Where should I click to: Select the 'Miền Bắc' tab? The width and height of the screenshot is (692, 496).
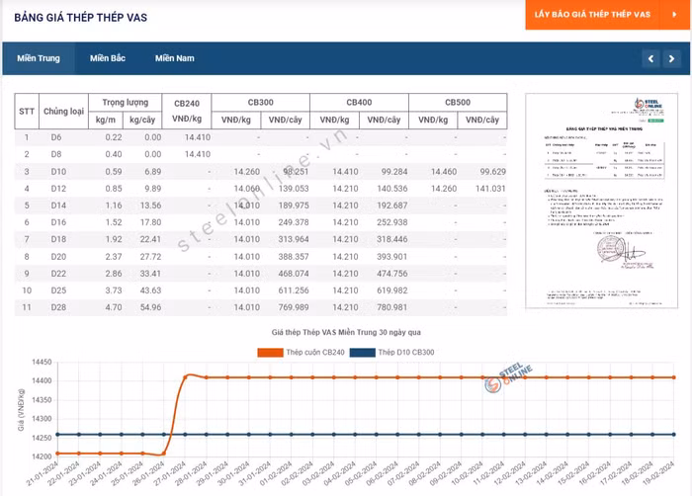(x=107, y=58)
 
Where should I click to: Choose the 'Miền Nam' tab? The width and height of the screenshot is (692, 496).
(x=174, y=58)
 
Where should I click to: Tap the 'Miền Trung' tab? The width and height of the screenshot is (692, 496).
(x=38, y=58)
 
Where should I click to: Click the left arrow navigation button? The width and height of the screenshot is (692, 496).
(x=650, y=59)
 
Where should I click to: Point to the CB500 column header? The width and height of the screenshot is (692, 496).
(x=457, y=103)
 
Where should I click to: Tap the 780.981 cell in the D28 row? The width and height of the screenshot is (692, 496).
(x=385, y=307)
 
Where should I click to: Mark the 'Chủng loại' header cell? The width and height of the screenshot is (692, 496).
(x=63, y=112)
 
